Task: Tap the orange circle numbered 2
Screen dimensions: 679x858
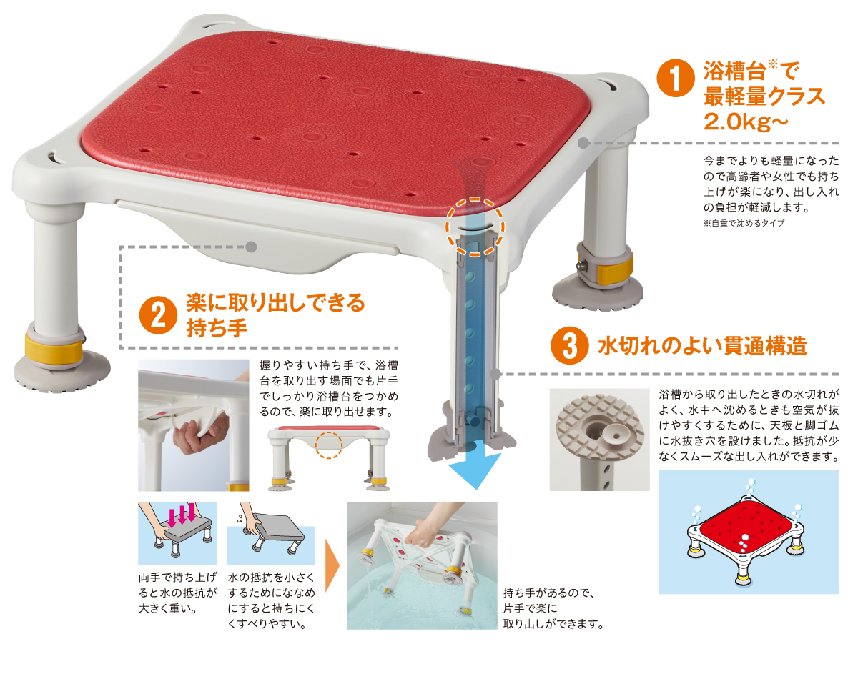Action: (x=158, y=315)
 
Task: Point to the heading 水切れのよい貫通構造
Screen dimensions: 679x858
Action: (x=702, y=347)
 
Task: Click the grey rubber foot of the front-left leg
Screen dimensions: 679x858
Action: (x=63, y=372)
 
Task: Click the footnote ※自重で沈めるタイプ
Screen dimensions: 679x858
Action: (x=744, y=223)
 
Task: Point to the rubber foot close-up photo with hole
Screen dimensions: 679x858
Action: (x=599, y=440)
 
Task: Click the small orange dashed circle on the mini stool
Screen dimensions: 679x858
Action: (x=329, y=444)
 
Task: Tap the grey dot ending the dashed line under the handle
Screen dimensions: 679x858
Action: (x=251, y=247)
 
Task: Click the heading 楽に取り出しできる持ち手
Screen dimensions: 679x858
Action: (x=275, y=315)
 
